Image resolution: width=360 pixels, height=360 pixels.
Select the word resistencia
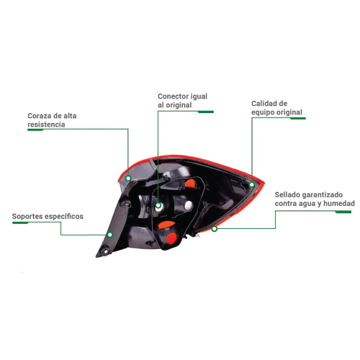tap(46, 125)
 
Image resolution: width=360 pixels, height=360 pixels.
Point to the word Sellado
tap(287, 194)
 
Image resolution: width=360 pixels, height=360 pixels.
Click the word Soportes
tap(25, 217)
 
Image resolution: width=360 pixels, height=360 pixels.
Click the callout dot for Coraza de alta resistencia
tap(128, 178)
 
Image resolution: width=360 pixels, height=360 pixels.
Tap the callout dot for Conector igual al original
tap(158, 205)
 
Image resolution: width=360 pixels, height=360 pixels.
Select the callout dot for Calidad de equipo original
tap(252, 184)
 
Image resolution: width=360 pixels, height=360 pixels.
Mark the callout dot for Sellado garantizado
tap(215, 229)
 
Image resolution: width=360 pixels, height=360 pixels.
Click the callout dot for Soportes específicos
tap(110, 235)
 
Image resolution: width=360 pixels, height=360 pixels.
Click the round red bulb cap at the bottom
tap(171, 238)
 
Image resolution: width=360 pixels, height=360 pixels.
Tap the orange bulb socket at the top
tap(190, 184)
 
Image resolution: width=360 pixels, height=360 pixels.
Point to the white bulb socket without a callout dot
tap(189, 205)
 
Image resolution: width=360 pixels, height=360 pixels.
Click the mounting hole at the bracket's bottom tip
tap(105, 252)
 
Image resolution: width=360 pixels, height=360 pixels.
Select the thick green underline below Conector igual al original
tap(206, 112)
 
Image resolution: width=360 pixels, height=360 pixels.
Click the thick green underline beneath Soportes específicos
tap(20, 223)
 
